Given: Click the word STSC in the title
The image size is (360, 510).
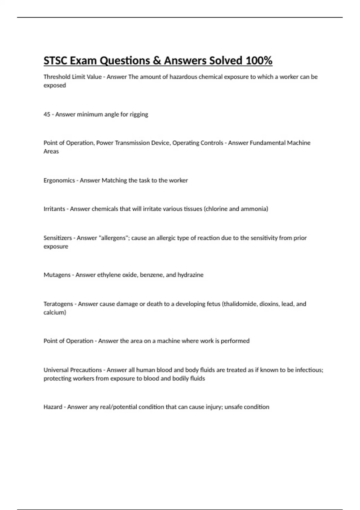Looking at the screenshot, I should pos(55,61).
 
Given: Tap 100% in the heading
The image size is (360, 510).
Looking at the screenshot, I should pos(259,61).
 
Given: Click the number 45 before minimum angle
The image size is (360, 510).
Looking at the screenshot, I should pos(47,114).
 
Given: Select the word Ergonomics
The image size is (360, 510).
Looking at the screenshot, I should pos(59,181).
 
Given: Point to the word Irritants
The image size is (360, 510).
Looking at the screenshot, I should pos(54,209).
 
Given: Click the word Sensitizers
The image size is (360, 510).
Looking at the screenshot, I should pos(58,238).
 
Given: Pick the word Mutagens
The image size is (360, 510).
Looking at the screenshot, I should pos(57,275).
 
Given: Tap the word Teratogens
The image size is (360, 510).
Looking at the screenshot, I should pos(58,304).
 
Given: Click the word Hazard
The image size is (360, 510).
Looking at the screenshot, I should pos(53,407).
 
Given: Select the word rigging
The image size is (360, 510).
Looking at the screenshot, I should pos(139,115).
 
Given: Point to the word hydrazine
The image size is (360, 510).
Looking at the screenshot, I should pos(190,275).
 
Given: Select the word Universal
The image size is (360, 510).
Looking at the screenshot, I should pos(56,370).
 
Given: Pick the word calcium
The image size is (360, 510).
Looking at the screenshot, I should pos(54,313).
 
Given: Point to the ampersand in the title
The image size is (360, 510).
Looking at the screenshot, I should pos(156,61).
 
